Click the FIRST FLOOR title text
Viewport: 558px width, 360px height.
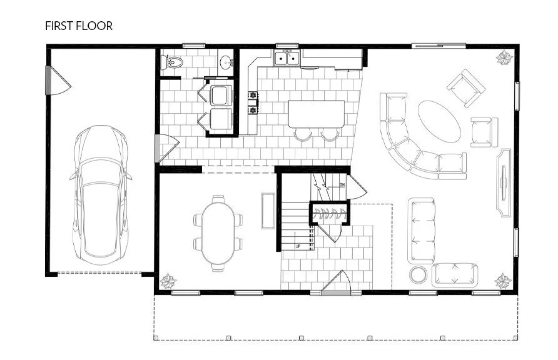pos(79,26)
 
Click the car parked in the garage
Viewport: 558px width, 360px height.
pos(101,192)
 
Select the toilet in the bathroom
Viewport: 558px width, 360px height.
pos(172,62)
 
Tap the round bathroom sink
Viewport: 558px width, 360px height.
pos(226,61)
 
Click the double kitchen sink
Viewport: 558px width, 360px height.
pos(287,59)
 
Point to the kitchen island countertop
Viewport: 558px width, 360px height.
pos(316,114)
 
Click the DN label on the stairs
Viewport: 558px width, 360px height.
pos(342,186)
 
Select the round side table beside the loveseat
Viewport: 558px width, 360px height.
pos(417,275)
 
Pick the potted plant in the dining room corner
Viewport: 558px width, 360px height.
pos(168,281)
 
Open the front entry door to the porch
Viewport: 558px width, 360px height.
pos(337,284)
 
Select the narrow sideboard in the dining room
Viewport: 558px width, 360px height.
pos(267,211)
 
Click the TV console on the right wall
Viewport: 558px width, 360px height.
pos(504,182)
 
